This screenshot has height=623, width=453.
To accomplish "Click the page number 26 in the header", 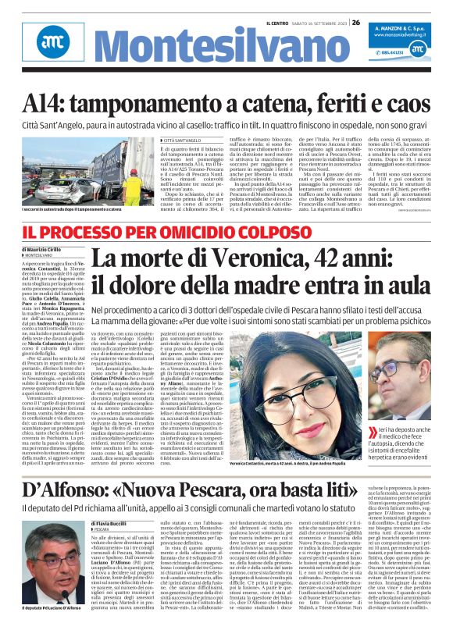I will coord(355,23).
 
